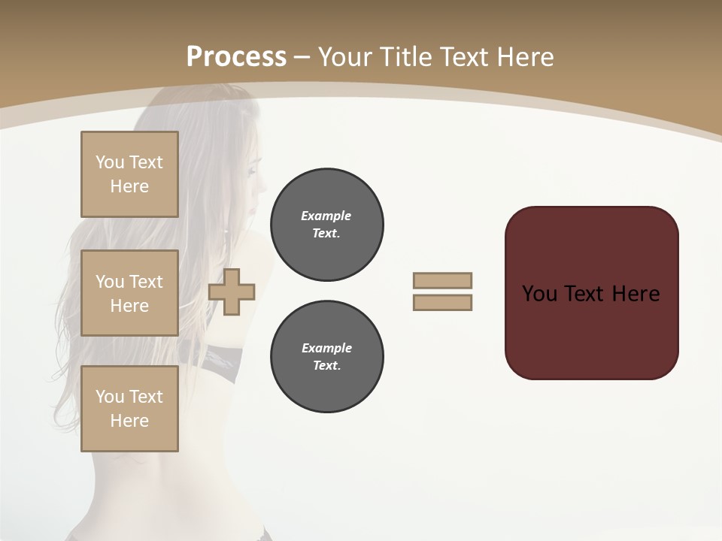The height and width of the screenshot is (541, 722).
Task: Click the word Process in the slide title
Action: tap(236, 57)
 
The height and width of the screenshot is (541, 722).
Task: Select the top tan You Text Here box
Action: tap(129, 174)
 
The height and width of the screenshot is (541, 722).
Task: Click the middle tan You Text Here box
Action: tap(129, 293)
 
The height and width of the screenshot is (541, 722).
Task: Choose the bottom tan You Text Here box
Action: tap(129, 409)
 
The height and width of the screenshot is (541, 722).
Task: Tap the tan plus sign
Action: tap(232, 292)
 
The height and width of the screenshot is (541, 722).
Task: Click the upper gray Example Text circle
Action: tap(327, 225)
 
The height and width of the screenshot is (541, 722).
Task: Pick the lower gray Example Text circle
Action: tap(327, 357)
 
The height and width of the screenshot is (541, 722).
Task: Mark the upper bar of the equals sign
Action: tap(442, 280)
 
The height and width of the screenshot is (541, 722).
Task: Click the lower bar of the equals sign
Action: tap(442, 302)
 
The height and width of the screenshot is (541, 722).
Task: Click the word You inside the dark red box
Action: tap(540, 294)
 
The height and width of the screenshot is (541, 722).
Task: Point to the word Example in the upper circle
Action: tap(326, 216)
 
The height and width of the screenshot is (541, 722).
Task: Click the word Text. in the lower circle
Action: tap(327, 366)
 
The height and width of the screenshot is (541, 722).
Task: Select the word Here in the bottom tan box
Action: tap(129, 421)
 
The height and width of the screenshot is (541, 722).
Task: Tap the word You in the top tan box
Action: tap(110, 162)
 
